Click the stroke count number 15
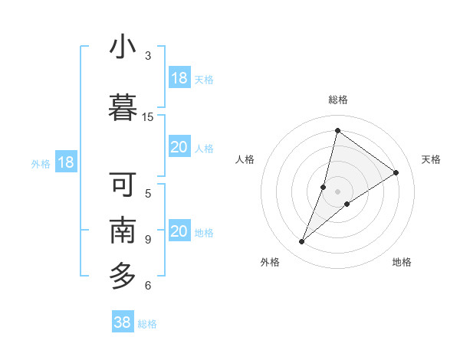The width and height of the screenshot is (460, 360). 148,117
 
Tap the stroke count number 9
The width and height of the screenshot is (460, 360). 148,240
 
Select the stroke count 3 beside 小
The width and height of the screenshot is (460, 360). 148,56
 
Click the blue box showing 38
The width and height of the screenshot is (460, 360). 123,322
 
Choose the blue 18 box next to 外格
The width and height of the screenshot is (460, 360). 66,162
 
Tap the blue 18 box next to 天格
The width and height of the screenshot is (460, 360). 179,78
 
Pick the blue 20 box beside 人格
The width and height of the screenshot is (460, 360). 179,147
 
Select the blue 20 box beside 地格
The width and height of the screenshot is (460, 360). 179,231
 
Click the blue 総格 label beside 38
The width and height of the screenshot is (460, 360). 147,324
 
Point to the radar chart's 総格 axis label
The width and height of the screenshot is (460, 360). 337,100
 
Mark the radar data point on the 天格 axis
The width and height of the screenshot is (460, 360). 396,172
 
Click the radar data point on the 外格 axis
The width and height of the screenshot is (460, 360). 301,242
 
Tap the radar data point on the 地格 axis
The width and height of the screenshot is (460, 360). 347,204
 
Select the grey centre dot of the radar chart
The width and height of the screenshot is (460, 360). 337,191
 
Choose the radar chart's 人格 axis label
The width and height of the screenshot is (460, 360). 245,159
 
